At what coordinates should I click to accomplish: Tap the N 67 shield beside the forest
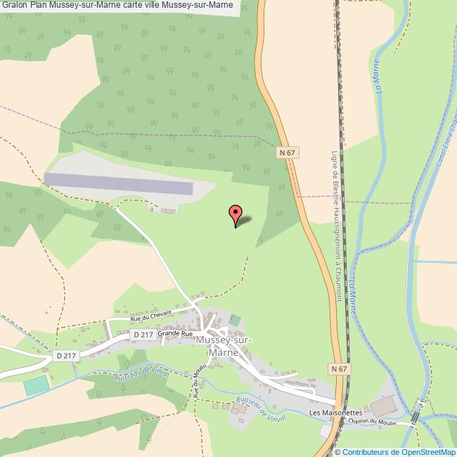[x=286, y=151]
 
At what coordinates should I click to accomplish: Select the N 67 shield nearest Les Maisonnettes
[x=337, y=368]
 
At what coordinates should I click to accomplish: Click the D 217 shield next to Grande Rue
[x=143, y=335]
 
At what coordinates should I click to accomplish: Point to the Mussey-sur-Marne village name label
[x=226, y=346]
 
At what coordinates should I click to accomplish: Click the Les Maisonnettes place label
[x=335, y=413]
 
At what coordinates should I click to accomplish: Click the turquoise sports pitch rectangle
[x=34, y=386]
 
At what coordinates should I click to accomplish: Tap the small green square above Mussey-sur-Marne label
[x=235, y=321]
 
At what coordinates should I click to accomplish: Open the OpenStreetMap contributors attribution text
[x=395, y=451]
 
